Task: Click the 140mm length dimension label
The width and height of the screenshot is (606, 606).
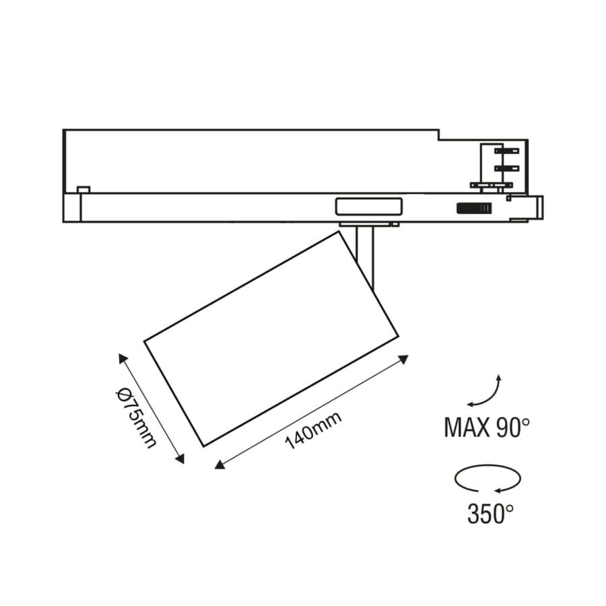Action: point(313,430)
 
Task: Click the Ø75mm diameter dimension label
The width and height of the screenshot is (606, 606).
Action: point(135,418)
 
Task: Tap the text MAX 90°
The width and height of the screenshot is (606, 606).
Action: point(487,427)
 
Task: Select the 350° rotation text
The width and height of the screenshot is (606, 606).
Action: point(490,514)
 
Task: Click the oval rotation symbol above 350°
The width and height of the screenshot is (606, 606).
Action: point(488,479)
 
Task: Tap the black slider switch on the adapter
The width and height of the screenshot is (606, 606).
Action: point(474,209)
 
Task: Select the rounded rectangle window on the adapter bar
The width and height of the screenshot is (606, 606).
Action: point(368,206)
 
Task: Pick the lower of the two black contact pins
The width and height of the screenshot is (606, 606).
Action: point(507,167)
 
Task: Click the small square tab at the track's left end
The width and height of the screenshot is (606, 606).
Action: point(83,190)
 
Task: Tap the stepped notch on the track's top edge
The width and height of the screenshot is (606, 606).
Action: point(438,136)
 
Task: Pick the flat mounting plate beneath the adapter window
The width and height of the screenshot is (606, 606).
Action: point(369,223)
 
